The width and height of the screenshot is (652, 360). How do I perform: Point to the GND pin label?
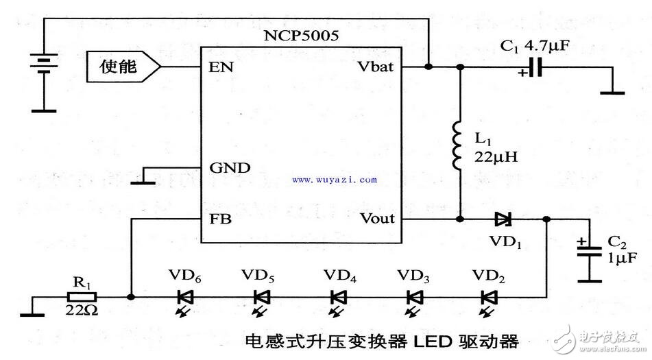(230, 167)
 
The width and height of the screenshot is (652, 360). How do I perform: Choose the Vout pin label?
(376, 219)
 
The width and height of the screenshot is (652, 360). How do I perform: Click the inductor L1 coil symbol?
(459, 145)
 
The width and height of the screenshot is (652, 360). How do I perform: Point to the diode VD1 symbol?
(503, 219)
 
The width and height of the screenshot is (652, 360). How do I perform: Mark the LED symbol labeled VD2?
(487, 298)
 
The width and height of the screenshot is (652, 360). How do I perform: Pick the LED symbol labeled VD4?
(339, 298)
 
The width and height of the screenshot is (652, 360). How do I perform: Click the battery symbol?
(44, 66)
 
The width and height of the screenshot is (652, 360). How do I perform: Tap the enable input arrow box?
(123, 67)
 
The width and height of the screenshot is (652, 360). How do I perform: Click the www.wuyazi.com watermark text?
(334, 180)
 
